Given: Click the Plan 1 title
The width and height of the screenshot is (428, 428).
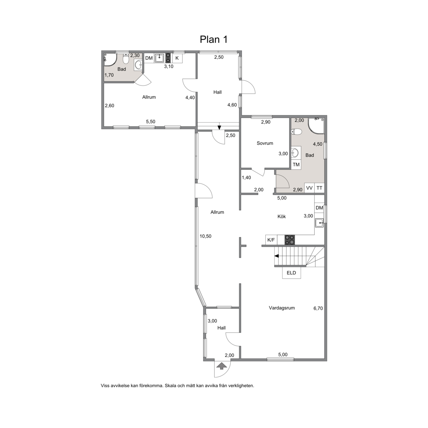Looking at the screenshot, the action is [214, 39].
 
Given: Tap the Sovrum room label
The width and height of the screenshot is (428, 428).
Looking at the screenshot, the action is [265, 143].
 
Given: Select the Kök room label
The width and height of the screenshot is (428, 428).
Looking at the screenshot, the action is [281, 217].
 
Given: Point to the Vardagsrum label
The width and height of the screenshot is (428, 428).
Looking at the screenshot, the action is [282, 308].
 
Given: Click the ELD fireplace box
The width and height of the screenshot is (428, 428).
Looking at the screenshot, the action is [291, 273].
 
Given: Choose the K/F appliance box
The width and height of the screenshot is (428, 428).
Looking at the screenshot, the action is [271, 240].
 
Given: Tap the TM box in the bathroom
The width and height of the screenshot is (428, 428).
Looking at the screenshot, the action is [296, 164].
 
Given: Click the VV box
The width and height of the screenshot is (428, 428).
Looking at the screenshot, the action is [309, 188].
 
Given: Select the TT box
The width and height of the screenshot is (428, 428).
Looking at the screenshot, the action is [320, 188].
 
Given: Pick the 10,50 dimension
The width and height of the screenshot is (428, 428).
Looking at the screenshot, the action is [205, 236].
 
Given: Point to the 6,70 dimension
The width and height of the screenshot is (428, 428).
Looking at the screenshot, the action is [318, 308].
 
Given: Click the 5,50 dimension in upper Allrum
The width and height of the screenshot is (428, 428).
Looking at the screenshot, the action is [150, 122].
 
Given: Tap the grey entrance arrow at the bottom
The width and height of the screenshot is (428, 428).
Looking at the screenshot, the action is [221, 366].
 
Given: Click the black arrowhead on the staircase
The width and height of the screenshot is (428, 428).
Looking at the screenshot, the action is [276, 256].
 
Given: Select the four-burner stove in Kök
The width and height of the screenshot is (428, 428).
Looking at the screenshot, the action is [290, 240].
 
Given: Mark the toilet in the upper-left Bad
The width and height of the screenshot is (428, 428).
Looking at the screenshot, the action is [126, 58].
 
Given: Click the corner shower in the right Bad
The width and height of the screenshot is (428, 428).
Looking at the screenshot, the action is [316, 126].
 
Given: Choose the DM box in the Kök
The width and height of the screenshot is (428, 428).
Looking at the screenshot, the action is [320, 208].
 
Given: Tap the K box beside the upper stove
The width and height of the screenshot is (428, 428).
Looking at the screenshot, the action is [177, 58].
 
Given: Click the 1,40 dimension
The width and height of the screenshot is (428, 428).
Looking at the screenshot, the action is [246, 178].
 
